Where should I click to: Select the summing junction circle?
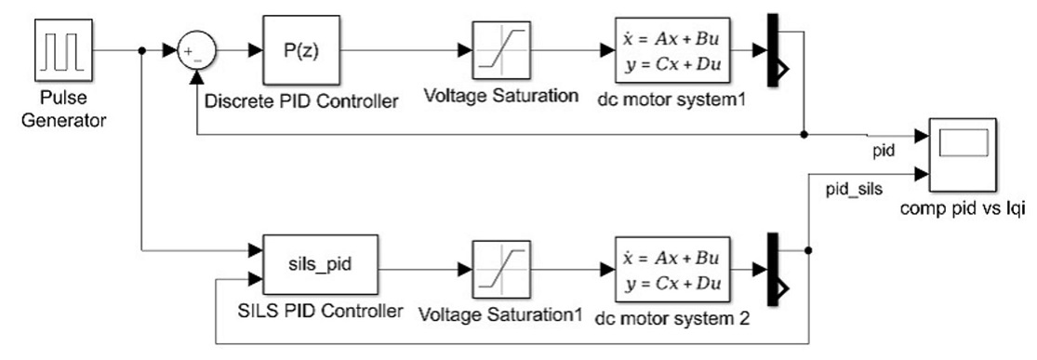195,52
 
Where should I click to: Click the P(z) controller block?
301,52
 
